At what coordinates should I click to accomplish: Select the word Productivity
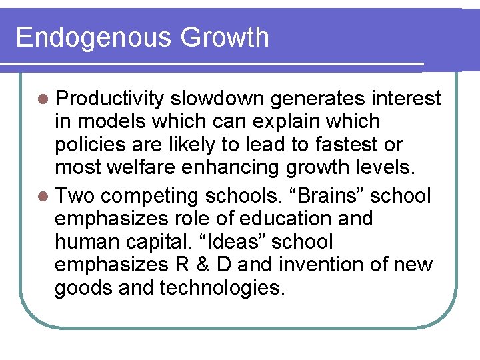tap(109, 99)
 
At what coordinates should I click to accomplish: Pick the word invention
tap(325, 265)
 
